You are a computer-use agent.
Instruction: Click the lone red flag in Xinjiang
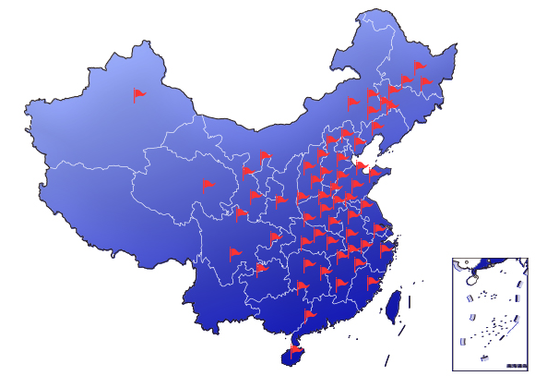[139, 93]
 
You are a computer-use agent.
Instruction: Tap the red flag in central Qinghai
[207, 185]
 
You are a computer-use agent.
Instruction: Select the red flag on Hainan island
[295, 349]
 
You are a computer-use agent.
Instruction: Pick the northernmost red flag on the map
[421, 66]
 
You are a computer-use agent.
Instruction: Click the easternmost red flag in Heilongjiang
[425, 81]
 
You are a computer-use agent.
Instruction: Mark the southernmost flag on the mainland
[310, 315]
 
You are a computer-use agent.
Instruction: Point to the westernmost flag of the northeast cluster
[352, 102]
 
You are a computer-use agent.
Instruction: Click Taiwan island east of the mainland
[393, 304]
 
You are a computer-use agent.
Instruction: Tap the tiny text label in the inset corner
[517, 366]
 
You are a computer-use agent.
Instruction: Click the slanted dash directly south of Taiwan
[402, 328]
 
